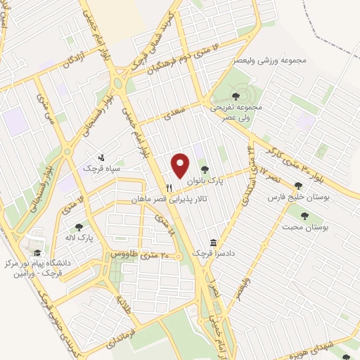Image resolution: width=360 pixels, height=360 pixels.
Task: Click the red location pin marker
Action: coord(181,165)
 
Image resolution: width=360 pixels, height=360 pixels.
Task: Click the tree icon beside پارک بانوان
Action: coord(205,169)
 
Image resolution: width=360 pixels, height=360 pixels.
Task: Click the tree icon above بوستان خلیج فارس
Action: coord(298,186)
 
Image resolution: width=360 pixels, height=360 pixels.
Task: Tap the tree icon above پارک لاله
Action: coord(79,227)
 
